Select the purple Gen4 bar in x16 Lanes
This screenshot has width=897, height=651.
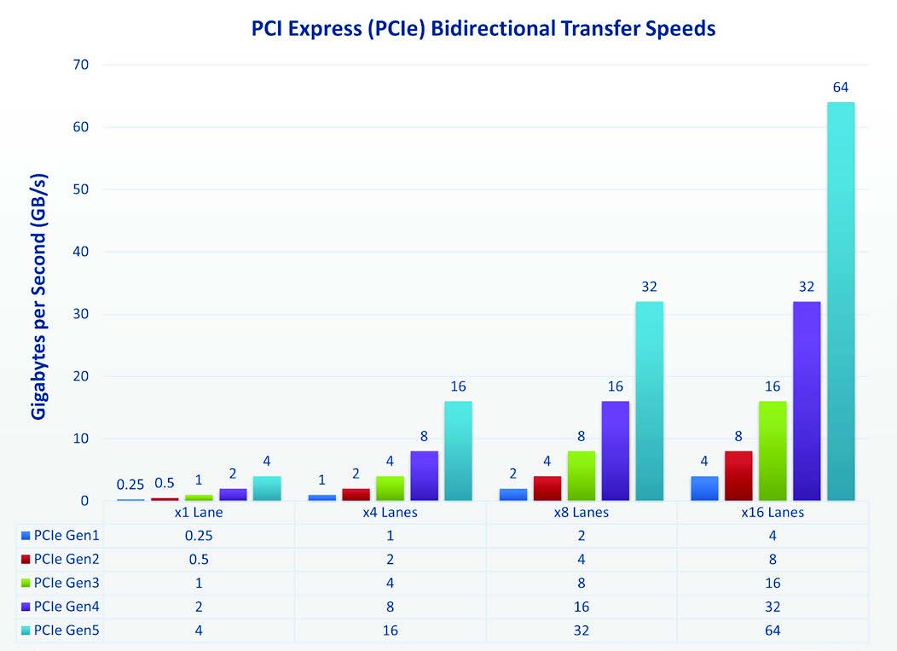click(x=807, y=401)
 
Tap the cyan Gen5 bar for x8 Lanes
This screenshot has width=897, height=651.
click(x=649, y=401)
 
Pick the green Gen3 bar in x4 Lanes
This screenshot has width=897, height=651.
click(x=390, y=488)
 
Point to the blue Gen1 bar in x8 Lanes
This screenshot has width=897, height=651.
click(x=513, y=495)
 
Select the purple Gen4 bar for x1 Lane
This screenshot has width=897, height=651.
click(x=233, y=495)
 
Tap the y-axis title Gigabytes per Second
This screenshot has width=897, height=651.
click(x=39, y=296)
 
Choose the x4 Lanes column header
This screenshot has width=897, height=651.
click(x=390, y=513)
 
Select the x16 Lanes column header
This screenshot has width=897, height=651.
click(x=773, y=513)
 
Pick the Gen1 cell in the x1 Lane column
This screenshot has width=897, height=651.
click(x=199, y=535)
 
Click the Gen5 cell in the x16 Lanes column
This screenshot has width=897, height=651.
click(x=773, y=631)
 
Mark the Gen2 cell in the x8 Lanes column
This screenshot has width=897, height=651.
click(x=582, y=559)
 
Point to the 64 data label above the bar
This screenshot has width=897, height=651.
click(x=841, y=88)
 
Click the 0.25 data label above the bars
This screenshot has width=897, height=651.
click(x=131, y=485)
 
